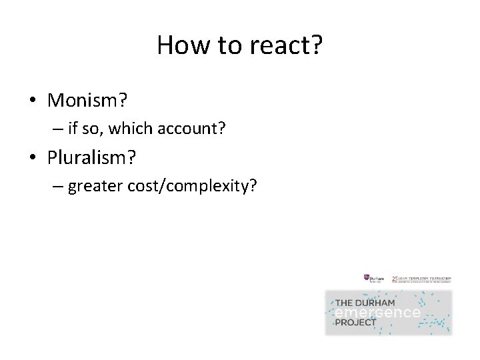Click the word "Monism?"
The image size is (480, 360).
(87, 101)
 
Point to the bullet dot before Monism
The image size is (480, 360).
(32, 102)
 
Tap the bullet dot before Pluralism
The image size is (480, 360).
(32, 159)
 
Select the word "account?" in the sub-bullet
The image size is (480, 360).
(197, 129)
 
